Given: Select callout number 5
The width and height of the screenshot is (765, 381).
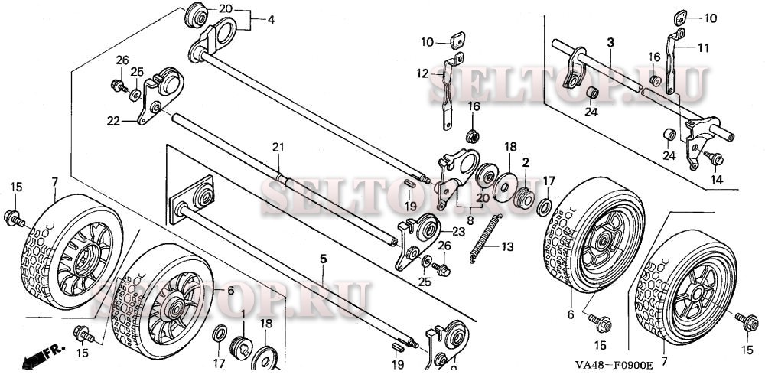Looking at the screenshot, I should point(323,259).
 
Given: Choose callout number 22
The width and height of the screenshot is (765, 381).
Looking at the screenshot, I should point(112,121).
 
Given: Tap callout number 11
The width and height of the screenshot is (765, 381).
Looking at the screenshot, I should point(703,47).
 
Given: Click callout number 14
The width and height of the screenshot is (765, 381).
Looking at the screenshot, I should point(715,180).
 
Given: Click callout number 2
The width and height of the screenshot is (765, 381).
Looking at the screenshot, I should point(526,163).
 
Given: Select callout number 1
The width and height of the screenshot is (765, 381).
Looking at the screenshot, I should point(243,314).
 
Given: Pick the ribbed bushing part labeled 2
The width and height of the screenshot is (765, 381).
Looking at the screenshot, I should point(525,195).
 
